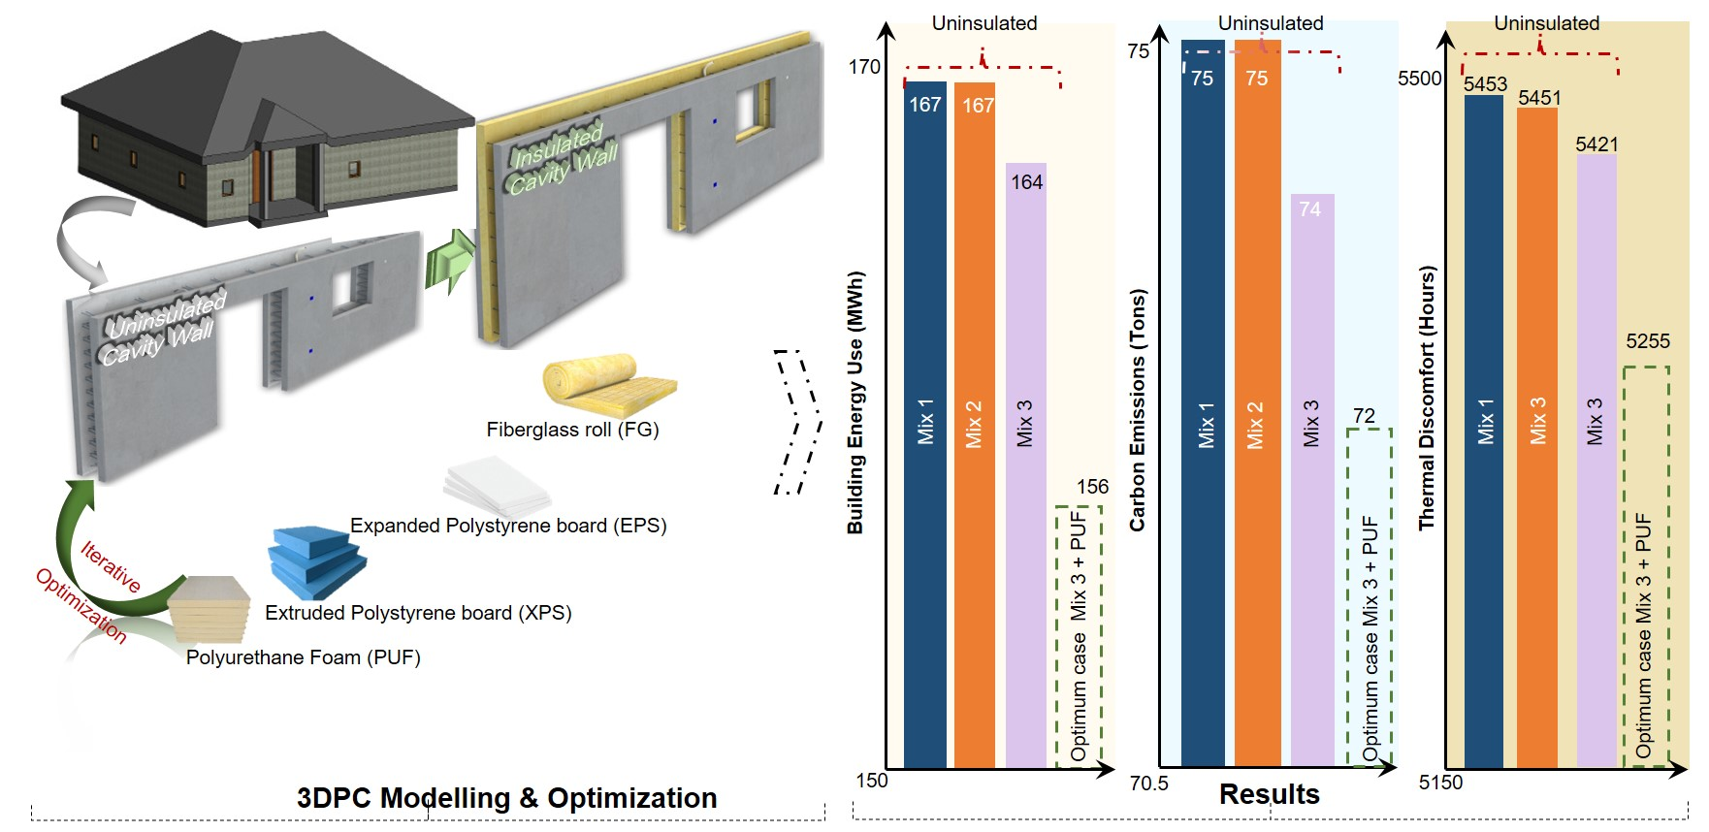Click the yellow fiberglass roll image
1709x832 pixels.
pyautogui.click(x=607, y=385)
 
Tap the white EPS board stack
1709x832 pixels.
pyautogui.click(x=498, y=486)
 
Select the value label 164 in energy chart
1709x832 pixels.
pyautogui.click(x=1026, y=182)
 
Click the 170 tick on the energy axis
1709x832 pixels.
pyautogui.click(x=863, y=67)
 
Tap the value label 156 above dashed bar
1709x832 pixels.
pyautogui.click(x=1092, y=487)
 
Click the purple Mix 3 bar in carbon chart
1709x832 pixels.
pyautogui.click(x=1311, y=485)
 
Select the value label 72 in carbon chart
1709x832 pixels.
pyautogui.click(x=1364, y=416)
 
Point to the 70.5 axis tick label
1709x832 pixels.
pyautogui.click(x=1148, y=783)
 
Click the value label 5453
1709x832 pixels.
pyautogui.click(x=1485, y=84)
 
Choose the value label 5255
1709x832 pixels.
pyautogui.click(x=1648, y=341)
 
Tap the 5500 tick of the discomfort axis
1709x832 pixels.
pyautogui.click(x=1419, y=79)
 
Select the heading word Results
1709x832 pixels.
pyautogui.click(x=1269, y=794)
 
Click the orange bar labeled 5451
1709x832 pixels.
pyautogui.click(x=1537, y=436)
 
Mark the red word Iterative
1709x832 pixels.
pyautogui.click(x=111, y=566)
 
